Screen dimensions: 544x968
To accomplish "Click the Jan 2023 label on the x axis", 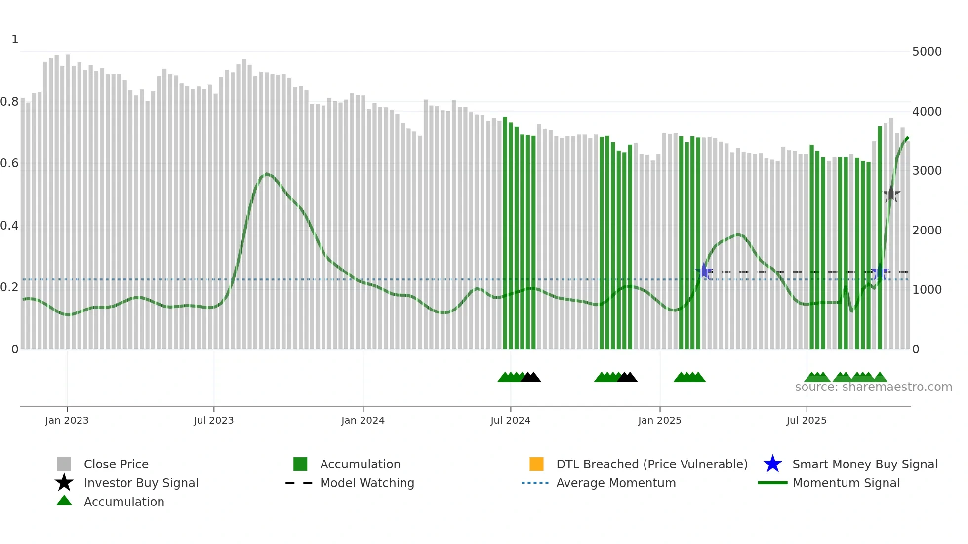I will (67, 420).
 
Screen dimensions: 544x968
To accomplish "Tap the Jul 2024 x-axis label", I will (510, 420).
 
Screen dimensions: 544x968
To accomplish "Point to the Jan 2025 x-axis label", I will (659, 420).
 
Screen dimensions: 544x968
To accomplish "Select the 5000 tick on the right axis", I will (927, 52).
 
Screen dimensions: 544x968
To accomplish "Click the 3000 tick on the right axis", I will (927, 171).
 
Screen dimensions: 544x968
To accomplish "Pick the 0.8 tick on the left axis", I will (9, 102).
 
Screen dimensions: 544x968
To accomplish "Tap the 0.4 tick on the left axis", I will (9, 226).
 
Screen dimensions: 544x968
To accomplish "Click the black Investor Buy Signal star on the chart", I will (891, 195).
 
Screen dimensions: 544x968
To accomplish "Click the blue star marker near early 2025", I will (704, 272).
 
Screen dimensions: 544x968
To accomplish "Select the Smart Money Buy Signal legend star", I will (772, 464).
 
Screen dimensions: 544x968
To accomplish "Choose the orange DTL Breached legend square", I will (536, 464).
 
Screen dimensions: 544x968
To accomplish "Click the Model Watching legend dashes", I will (299, 483).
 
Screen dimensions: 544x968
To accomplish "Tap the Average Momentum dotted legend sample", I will (535, 483).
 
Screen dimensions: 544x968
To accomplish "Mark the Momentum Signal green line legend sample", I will (772, 483).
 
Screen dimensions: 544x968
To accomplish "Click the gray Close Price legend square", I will (64, 464).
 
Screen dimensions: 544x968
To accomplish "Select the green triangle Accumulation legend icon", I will (64, 501).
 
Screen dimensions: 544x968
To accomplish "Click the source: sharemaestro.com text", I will (873, 387).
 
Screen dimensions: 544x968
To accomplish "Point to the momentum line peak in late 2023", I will (267, 174).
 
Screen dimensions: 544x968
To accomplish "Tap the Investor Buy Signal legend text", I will (141, 483).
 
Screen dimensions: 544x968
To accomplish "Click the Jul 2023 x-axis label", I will (213, 420).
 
